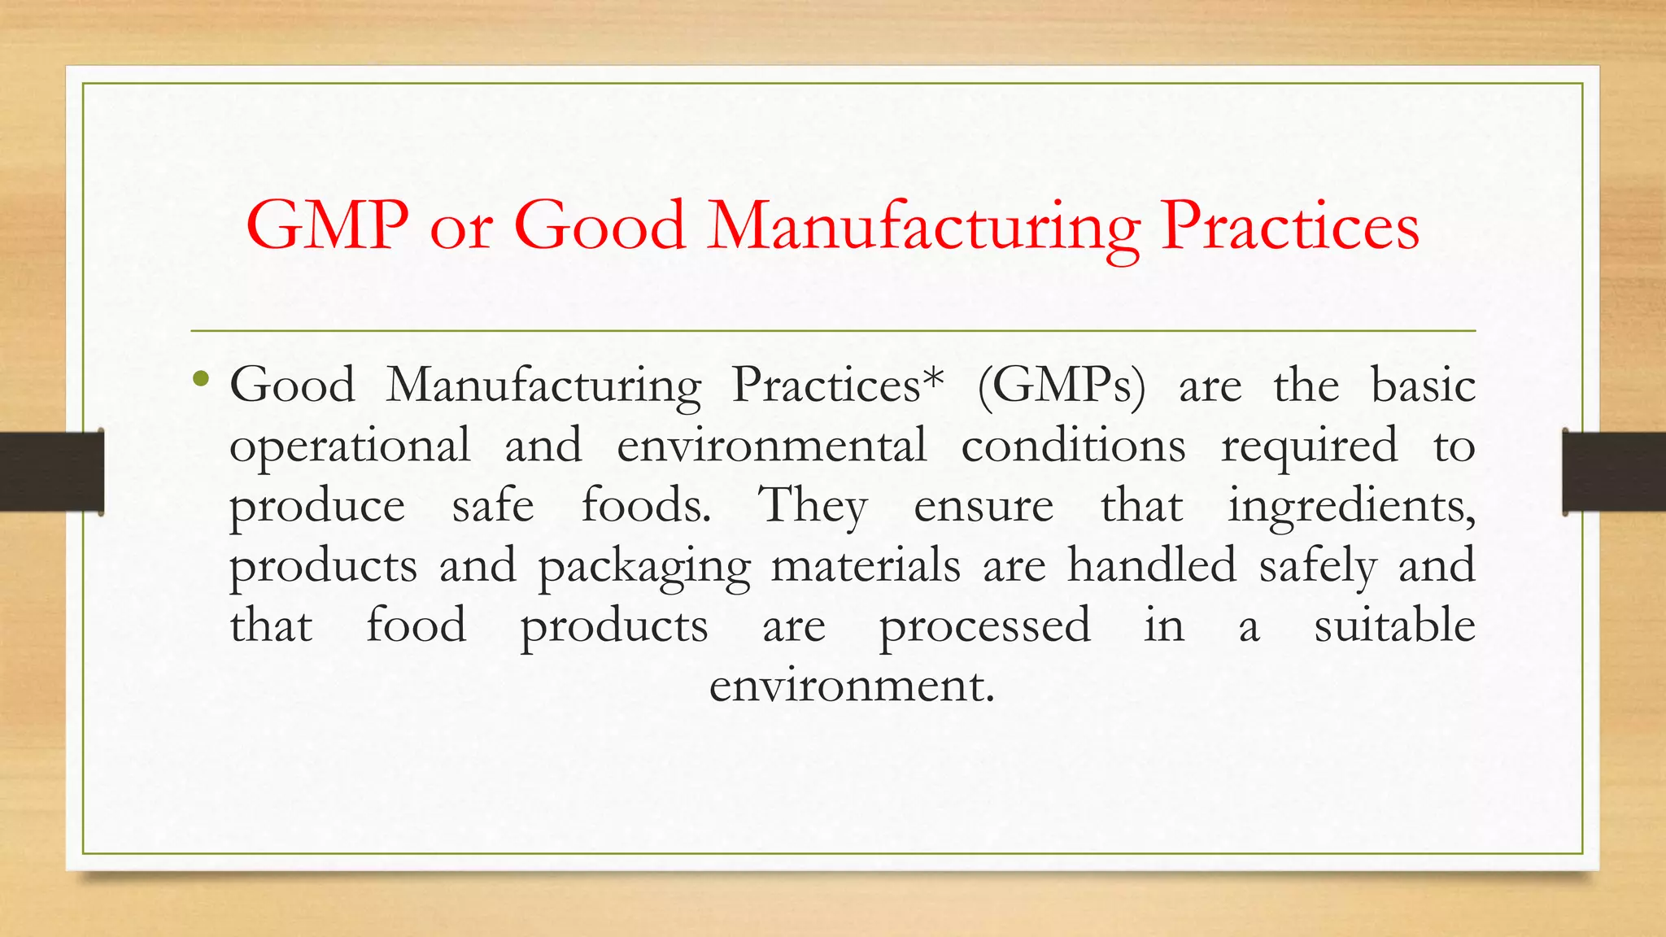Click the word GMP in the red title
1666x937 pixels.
[x=327, y=225]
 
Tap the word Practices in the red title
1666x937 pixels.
[x=1289, y=225]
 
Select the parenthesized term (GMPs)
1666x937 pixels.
[x=1061, y=386]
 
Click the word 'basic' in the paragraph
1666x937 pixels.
[x=1423, y=385]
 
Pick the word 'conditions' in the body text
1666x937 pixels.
[x=1073, y=446]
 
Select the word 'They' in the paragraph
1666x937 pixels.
[x=813, y=506]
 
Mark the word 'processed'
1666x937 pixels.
[x=984, y=626]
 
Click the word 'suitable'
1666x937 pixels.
[x=1394, y=625]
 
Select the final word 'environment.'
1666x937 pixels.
[x=852, y=685]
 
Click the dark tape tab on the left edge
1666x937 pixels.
[x=51, y=472]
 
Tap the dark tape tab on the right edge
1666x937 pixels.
[x=1614, y=472]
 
